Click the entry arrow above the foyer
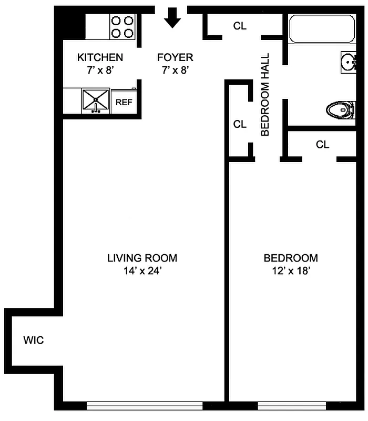click(172, 19)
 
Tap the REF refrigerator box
click(124, 102)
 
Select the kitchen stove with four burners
click(122, 27)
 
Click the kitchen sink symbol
click(96, 100)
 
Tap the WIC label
click(33, 340)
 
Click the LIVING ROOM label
click(142, 258)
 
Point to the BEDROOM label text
click(291, 258)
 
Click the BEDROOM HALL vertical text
click(265, 94)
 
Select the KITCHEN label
click(100, 57)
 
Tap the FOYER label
click(175, 57)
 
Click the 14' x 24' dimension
click(142, 272)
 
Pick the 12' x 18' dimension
click(291, 272)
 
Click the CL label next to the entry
click(240, 26)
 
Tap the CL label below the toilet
click(322, 144)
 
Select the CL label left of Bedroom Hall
click(240, 124)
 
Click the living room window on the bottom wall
click(145, 406)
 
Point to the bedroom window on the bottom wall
click(292, 406)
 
